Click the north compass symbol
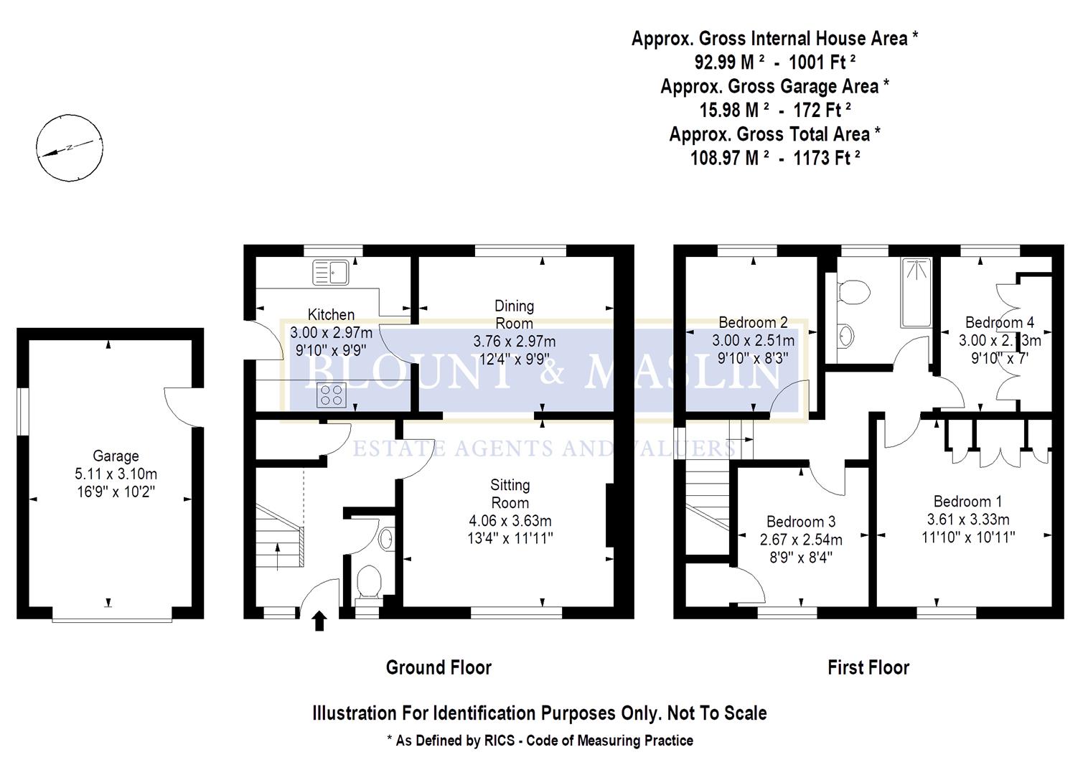coord(67,147)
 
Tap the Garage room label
coord(116,456)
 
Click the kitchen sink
coord(330,273)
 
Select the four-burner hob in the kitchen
coord(330,395)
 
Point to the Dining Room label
coord(514,314)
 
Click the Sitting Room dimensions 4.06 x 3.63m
coord(510,521)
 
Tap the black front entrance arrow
coord(319,621)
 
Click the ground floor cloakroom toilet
coord(368,581)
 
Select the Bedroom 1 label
coord(967,502)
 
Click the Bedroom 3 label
coord(800,522)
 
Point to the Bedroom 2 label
coord(753,323)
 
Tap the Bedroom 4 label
coord(999,323)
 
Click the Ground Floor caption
coord(439,667)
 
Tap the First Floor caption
coord(868,668)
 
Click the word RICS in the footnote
coord(499,741)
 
